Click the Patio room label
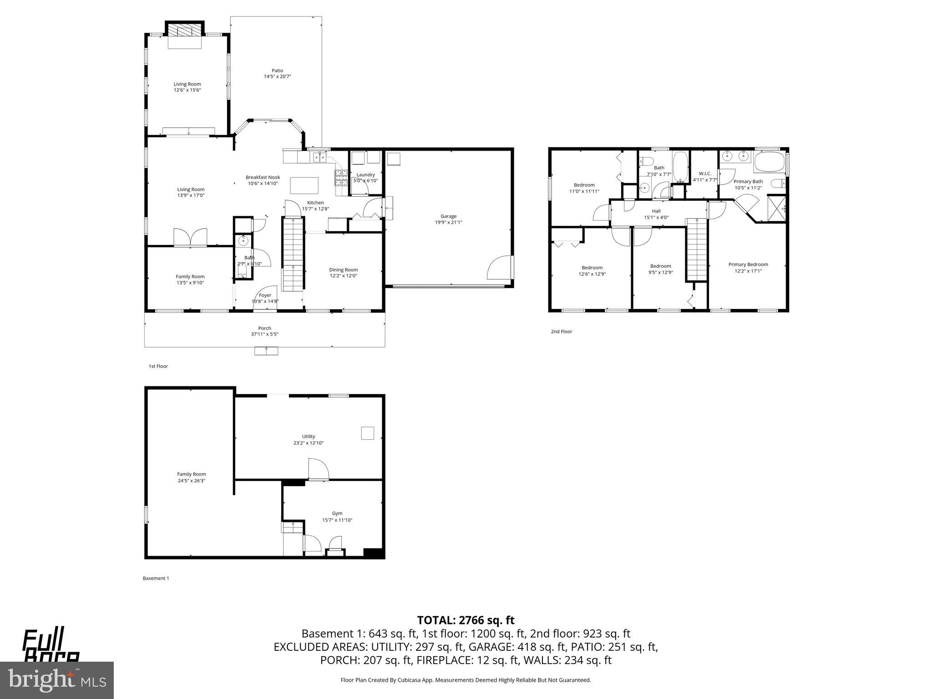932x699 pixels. [277, 71]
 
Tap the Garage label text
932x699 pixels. [448, 216]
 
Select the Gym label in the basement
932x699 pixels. [337, 513]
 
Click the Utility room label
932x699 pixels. [308, 436]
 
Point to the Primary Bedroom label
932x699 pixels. [748, 264]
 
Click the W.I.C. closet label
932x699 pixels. [704, 174]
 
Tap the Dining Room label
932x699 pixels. [343, 270]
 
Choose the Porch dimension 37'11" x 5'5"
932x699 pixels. [264, 334]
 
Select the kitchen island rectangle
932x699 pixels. [304, 186]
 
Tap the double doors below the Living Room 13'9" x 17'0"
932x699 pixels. [190, 238]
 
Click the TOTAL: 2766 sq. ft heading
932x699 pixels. [466, 620]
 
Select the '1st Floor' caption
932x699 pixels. [158, 366]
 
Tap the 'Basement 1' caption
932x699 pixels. [156, 578]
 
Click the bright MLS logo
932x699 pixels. [57, 680]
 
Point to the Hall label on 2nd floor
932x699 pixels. [656, 211]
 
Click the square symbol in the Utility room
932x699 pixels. [367, 433]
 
